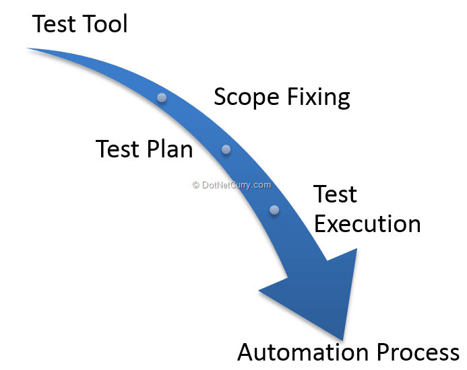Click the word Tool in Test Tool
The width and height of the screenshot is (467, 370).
[x=104, y=24]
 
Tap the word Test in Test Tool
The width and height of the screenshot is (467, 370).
[x=54, y=24]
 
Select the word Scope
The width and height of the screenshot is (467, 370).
[x=247, y=98]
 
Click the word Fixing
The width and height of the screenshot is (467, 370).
[x=319, y=97]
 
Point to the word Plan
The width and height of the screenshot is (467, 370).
[x=170, y=149]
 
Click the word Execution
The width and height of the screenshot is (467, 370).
[x=367, y=223]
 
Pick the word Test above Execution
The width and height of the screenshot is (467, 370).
[x=335, y=194]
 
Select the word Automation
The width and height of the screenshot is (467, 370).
[x=303, y=352]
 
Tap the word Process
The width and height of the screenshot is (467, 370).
[x=418, y=352]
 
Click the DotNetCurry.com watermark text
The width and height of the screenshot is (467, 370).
[x=236, y=185]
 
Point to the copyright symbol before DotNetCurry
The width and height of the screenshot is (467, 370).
[x=195, y=185]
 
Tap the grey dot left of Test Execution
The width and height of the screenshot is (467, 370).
[x=274, y=210]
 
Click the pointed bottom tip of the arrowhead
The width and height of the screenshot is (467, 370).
[x=342, y=340]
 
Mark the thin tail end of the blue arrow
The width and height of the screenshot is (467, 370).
[x=28, y=48]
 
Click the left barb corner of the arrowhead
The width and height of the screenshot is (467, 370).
[x=259, y=291]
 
